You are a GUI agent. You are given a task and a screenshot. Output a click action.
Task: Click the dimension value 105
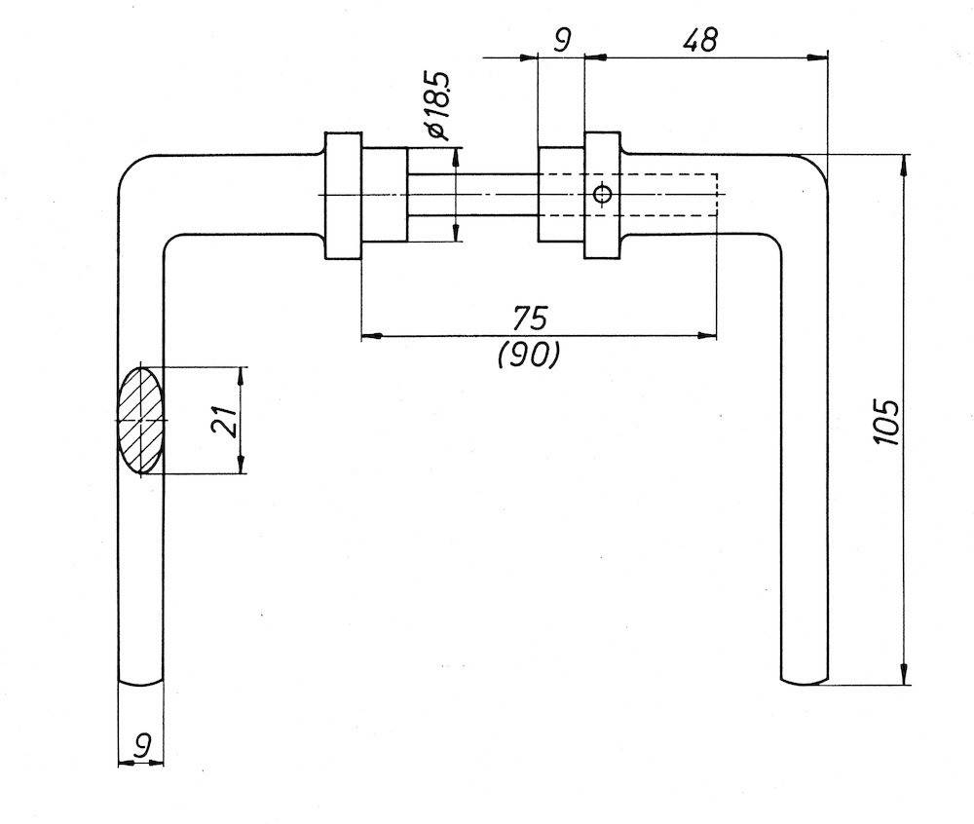tap(885, 421)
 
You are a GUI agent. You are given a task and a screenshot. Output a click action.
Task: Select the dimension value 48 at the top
tap(699, 40)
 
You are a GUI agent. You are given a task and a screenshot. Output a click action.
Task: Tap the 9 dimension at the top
tap(562, 39)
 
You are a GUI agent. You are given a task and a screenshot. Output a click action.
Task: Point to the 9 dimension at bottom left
tap(142, 747)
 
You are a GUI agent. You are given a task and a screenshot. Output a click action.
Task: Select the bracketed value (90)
tap(529, 356)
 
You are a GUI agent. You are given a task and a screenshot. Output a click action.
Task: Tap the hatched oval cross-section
tap(141, 420)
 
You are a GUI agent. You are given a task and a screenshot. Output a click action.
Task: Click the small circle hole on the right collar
tap(603, 196)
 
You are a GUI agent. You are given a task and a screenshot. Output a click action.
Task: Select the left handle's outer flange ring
tap(343, 196)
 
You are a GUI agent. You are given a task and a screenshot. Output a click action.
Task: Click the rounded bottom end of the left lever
tap(141, 681)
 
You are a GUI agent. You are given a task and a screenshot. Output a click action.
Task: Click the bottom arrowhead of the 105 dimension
tap(906, 675)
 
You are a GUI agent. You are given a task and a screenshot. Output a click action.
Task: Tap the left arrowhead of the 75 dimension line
tap(369, 336)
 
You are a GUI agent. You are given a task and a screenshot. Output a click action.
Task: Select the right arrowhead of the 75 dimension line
tap(708, 336)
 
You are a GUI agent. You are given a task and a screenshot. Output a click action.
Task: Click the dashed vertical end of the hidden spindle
tap(717, 196)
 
